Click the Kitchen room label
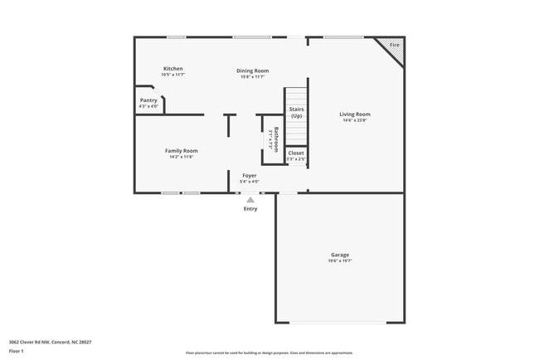pyautogui.click(x=172, y=69)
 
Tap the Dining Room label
pyautogui.click(x=253, y=71)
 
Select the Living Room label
pyautogui.click(x=355, y=114)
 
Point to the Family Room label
pyautogui.click(x=181, y=151)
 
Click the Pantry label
pyautogui.click(x=148, y=100)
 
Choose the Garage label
pyautogui.click(x=340, y=255)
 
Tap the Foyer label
pyautogui.click(x=249, y=176)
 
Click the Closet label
pyautogui.click(x=296, y=153)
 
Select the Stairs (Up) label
pyautogui.click(x=296, y=112)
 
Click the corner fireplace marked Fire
pyautogui.click(x=394, y=46)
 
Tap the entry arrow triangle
pyautogui.click(x=250, y=199)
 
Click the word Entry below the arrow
pyautogui.click(x=250, y=209)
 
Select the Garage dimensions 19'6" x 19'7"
pyautogui.click(x=340, y=261)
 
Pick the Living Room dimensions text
pyautogui.click(x=355, y=121)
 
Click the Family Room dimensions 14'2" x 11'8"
pyautogui.click(x=181, y=157)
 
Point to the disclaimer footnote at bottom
pyautogui.click(x=269, y=353)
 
